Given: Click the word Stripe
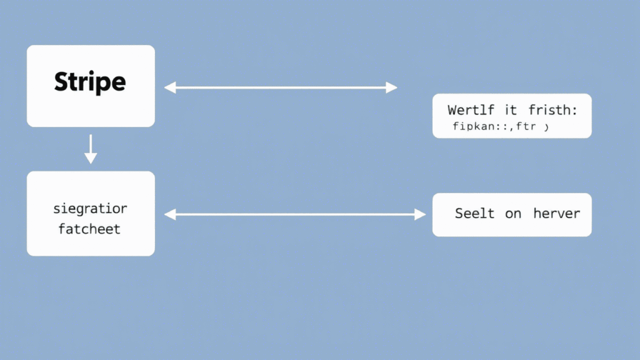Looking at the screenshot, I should (90, 82).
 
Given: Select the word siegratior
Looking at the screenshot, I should (89, 208).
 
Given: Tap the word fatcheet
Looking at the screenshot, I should (89, 229).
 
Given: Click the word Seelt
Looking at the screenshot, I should (474, 214).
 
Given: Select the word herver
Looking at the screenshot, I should (556, 214).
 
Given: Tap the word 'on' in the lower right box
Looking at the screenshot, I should (513, 214).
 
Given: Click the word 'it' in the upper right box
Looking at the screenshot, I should (511, 111).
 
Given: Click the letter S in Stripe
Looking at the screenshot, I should (60, 82).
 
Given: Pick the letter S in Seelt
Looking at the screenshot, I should (459, 214).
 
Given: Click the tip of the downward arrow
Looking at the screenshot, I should (91, 162).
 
